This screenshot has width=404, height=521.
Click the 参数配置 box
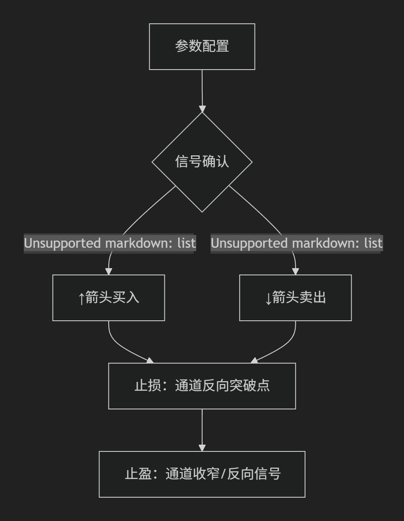coord(202,47)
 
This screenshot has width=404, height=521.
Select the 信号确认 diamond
coord(202,162)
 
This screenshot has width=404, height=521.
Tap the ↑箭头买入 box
coord(108,297)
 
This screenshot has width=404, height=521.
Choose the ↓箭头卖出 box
coord(295,297)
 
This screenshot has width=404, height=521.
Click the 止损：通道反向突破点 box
coord(202,386)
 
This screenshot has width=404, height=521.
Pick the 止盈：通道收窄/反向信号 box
coord(202,474)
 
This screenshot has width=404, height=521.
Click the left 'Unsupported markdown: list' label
coord(110,243)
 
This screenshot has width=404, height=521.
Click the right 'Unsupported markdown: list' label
coord(297,243)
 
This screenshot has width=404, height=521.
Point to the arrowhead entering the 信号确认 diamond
coord(202,109)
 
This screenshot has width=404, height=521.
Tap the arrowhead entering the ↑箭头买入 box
coord(109,271)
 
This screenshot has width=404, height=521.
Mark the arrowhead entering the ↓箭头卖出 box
coord(296,271)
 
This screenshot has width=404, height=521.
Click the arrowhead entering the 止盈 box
coord(202,448)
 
